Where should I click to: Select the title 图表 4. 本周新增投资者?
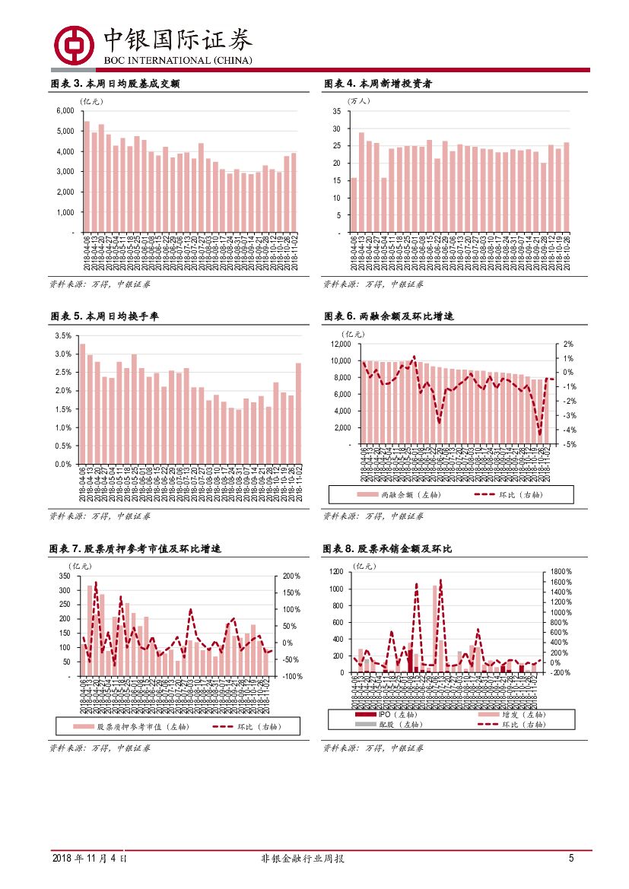pyautogui.click(x=385, y=84)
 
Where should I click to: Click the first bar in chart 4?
pyautogui.click(x=354, y=205)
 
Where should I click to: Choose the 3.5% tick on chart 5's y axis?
pyautogui.click(x=62, y=335)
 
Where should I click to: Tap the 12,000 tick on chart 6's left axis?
pyautogui.click(x=339, y=344)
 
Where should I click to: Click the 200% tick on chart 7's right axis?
pyautogui.click(x=291, y=576)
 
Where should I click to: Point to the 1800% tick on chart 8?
pyautogui.click(x=561, y=571)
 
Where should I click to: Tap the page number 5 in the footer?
pyautogui.click(x=570, y=859)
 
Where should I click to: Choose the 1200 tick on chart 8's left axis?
pyautogui.click(x=336, y=571)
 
